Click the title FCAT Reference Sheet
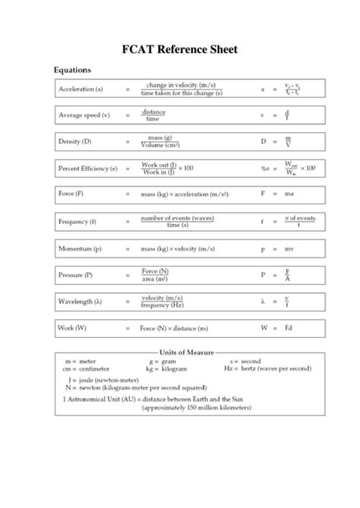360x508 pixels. click(180, 49)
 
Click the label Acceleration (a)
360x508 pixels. click(81, 89)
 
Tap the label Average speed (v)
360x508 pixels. click(84, 115)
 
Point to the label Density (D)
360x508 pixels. click(75, 141)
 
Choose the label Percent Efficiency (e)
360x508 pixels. click(87, 168)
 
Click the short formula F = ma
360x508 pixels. click(278, 194)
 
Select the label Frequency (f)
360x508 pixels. click(77, 222)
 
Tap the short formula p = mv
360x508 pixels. click(278, 248)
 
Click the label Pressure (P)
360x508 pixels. click(75, 275)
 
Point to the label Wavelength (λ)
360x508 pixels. click(80, 301)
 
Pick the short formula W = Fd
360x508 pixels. click(278, 328)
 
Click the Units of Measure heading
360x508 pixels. click(186, 352)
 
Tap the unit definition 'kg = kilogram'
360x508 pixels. click(168, 368)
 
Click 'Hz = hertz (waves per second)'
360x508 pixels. click(267, 368)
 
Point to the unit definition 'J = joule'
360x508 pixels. click(106, 377)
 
